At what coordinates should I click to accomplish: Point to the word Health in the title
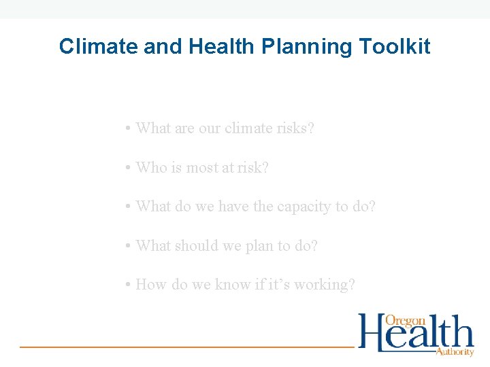[x=219, y=46]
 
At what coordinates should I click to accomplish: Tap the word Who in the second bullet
[x=150, y=167]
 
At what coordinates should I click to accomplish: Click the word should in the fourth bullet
[x=193, y=245]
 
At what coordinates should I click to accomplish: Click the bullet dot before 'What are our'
[x=128, y=128]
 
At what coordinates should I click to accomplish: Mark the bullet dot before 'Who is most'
[x=128, y=168]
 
